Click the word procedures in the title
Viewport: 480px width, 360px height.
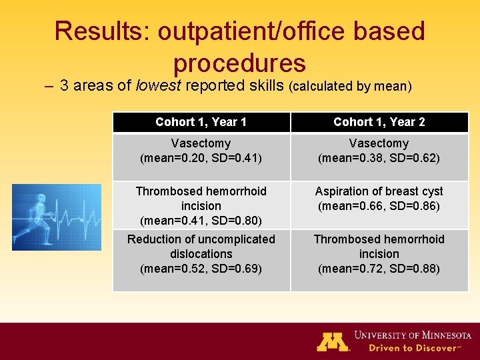[x=239, y=63]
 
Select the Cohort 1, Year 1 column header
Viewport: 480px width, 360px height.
[x=201, y=122]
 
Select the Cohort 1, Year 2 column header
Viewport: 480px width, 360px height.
[x=379, y=122]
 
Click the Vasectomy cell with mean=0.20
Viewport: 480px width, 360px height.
[x=201, y=151]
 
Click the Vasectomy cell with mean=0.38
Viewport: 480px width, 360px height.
[x=379, y=151]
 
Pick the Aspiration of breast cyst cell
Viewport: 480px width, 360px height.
[x=379, y=199]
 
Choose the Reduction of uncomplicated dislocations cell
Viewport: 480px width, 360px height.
[x=201, y=254]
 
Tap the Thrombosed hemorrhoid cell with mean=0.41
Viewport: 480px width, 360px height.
[x=201, y=205]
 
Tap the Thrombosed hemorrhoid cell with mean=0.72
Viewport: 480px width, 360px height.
[x=379, y=254]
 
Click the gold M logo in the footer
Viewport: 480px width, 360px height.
[x=333, y=341]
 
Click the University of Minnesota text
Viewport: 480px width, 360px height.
[x=413, y=335]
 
